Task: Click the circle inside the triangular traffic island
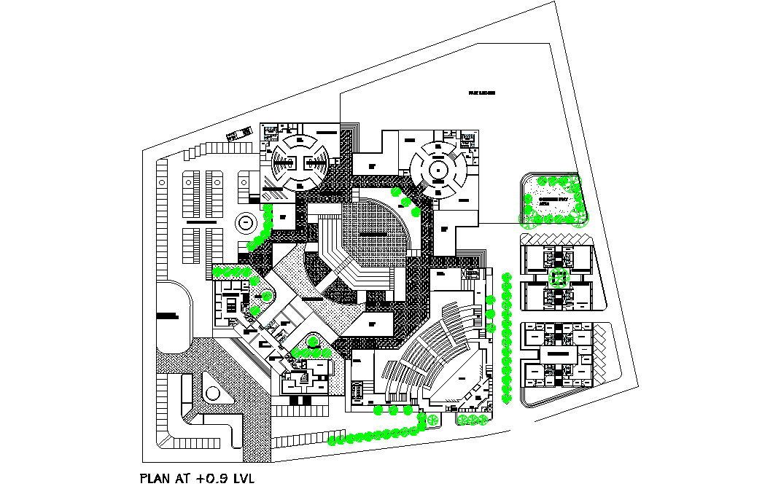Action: (x=212, y=394)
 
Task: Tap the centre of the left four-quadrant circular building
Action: (x=298, y=163)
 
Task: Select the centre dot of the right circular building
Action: (x=437, y=171)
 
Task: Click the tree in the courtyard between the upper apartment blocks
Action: (x=558, y=277)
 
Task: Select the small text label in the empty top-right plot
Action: (x=482, y=94)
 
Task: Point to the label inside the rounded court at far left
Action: (x=168, y=316)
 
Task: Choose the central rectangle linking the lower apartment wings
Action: (x=558, y=353)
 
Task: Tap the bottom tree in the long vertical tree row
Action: (x=508, y=399)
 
